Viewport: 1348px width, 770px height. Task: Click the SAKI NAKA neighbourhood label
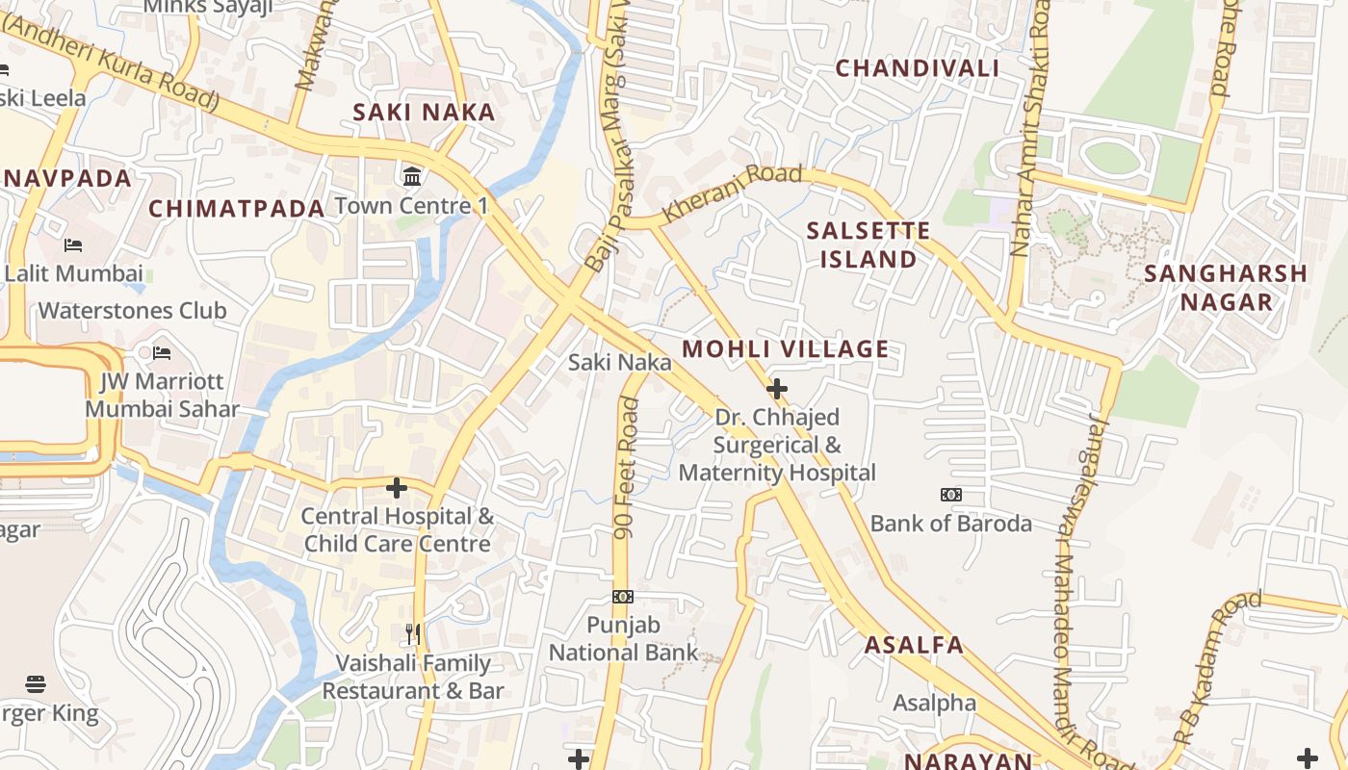[424, 113]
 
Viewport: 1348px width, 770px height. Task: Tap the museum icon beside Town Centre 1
[413, 176]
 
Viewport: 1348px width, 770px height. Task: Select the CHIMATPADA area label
[237, 209]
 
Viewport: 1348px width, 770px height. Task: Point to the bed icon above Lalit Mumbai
[73, 245]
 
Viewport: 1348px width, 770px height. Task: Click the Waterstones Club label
[133, 311]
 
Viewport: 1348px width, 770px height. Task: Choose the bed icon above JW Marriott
[162, 353]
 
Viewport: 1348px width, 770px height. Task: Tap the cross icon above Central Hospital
[396, 488]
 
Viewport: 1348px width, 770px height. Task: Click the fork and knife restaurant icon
[413, 634]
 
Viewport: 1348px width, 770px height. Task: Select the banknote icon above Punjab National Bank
[623, 597]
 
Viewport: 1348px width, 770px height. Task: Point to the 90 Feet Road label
[627, 468]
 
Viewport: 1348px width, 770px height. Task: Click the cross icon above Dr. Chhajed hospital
[776, 389]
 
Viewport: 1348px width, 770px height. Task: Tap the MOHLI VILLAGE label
[786, 349]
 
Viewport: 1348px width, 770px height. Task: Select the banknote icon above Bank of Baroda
[950, 495]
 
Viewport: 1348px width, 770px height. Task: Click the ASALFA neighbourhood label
[914, 645]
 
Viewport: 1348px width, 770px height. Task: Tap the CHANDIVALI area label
[917, 68]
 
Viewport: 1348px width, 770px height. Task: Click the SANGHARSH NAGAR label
[1226, 288]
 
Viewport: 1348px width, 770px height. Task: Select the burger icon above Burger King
[36, 684]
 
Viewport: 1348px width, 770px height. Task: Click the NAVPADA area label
[67, 179]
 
